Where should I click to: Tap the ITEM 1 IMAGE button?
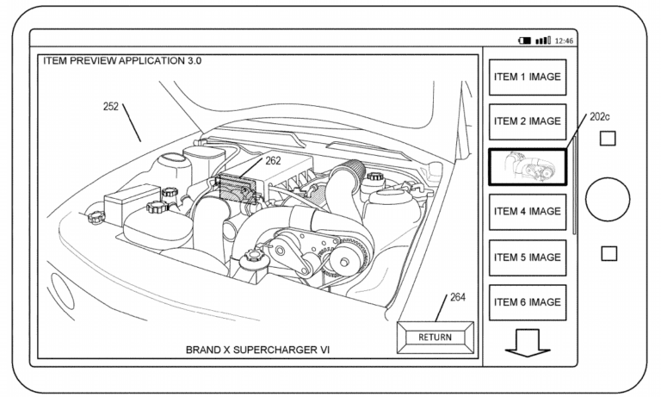(528, 77)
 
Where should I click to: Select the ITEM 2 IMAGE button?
(528, 121)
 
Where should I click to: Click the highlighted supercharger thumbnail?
(528, 166)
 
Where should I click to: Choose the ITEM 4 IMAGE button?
(528, 212)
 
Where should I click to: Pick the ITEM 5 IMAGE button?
(528, 257)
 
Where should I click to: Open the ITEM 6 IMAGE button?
(528, 302)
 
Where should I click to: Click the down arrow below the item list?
(528, 342)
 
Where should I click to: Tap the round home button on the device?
(608, 200)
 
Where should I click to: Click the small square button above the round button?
(608, 138)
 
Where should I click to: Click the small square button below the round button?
(608, 253)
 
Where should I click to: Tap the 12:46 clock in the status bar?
(565, 40)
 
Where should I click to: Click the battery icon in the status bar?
(524, 40)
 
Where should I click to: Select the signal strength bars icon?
(543, 40)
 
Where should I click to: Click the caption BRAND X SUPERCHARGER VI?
(258, 350)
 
